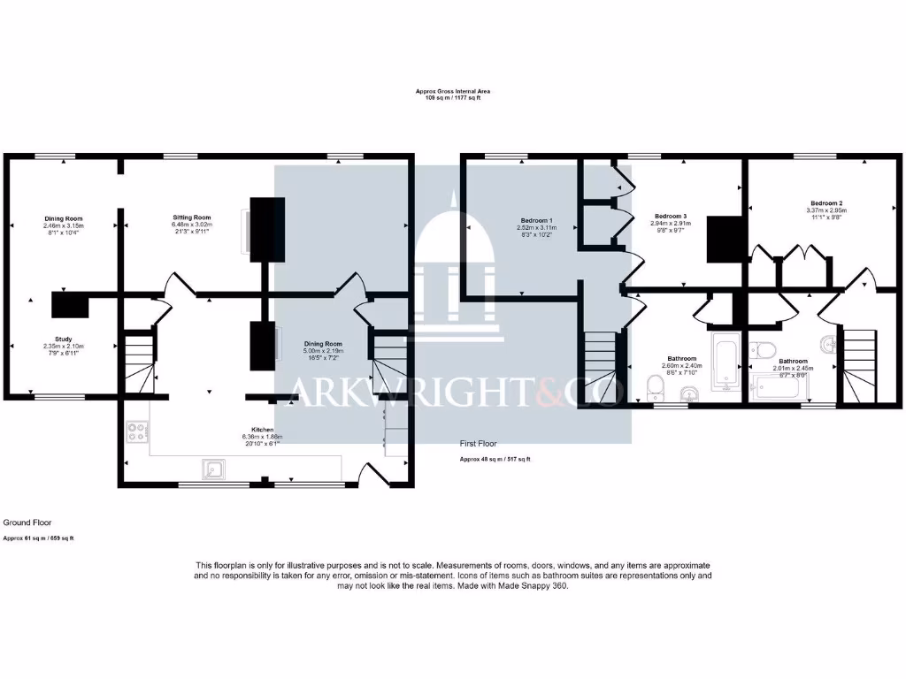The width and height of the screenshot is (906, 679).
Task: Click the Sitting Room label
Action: click(x=192, y=217)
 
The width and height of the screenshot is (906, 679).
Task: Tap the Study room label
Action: click(x=63, y=339)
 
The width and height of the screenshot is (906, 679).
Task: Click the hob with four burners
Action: click(x=138, y=431)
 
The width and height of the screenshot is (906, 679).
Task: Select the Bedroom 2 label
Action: click(x=825, y=202)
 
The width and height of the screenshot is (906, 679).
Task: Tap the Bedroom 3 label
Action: click(x=670, y=217)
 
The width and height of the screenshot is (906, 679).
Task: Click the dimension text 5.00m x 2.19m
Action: click(x=323, y=351)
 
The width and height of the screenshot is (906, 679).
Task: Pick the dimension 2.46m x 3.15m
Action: click(x=63, y=225)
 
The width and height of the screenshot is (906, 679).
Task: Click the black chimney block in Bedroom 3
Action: click(x=724, y=240)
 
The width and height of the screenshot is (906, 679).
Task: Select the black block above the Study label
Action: click(x=69, y=304)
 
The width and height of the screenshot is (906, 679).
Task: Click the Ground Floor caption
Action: click(x=21, y=523)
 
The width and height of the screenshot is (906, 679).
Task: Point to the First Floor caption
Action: click(x=479, y=443)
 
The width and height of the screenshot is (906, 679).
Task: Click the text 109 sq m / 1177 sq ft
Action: click(x=453, y=97)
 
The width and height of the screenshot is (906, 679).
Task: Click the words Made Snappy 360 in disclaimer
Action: click(x=537, y=586)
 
